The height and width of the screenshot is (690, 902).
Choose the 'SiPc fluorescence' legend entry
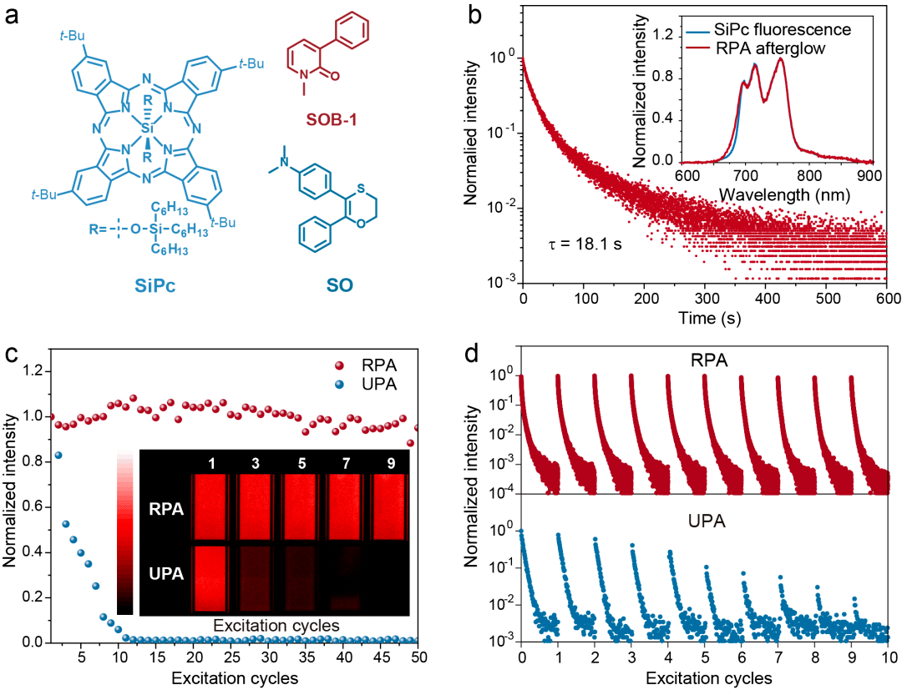click(x=788, y=30)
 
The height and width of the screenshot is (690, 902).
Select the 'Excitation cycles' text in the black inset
click(x=275, y=624)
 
